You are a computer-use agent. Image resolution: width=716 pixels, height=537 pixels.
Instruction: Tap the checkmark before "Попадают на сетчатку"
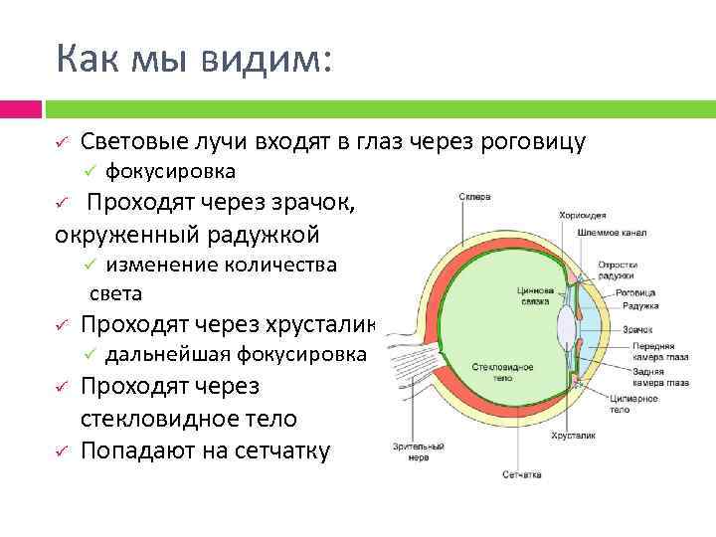(61, 450)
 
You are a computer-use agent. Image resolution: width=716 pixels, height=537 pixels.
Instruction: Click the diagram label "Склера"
(474, 197)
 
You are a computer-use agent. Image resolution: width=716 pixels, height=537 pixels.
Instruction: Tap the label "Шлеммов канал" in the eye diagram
(612, 233)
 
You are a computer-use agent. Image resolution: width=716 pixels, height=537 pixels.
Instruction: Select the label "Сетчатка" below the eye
(521, 475)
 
